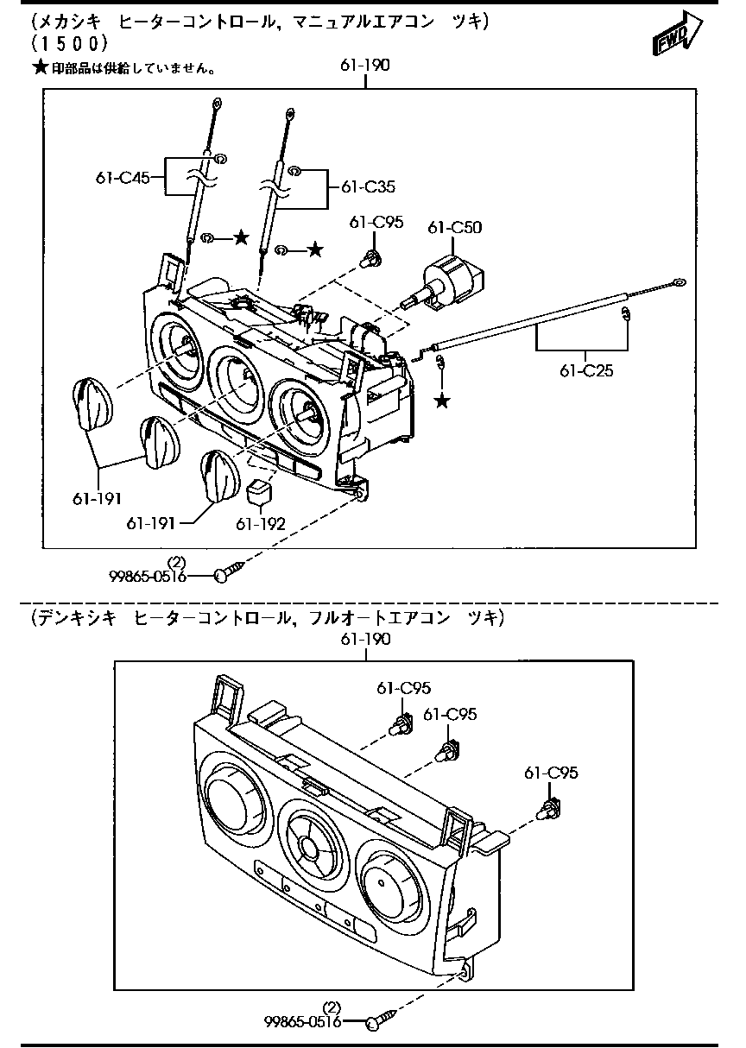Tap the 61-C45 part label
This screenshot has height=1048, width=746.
[123, 178]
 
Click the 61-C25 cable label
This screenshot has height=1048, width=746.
[586, 370]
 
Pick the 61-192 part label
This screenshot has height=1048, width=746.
[261, 523]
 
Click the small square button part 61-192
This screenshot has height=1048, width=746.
[258, 493]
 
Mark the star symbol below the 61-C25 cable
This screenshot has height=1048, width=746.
[443, 401]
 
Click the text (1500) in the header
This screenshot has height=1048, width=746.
[68, 42]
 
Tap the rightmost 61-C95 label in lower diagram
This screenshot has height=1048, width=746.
[551, 773]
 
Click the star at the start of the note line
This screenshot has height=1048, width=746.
[39, 67]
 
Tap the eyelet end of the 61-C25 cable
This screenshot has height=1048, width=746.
[679, 281]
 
